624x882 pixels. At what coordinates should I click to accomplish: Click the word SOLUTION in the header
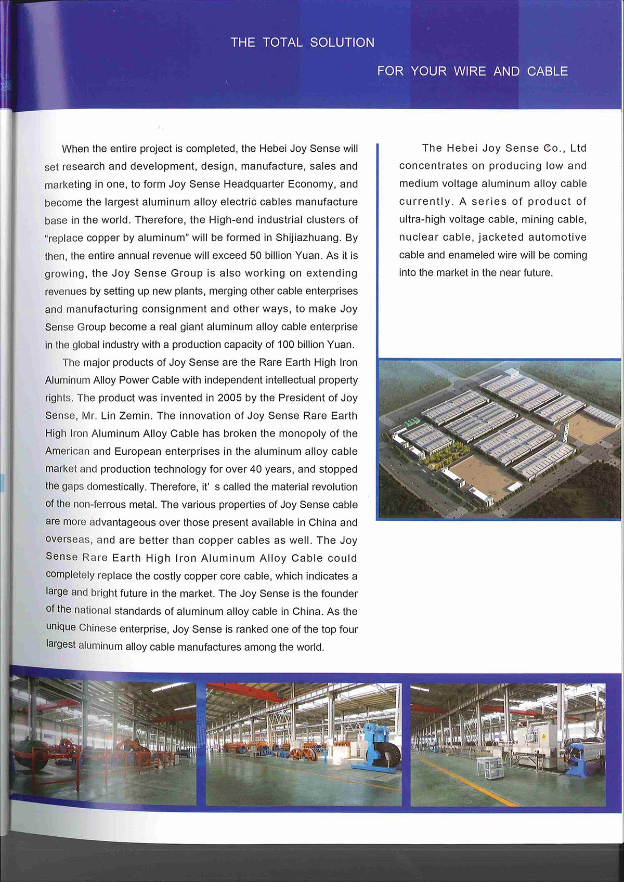click(x=342, y=43)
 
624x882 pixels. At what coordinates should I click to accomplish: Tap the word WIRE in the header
click(x=470, y=71)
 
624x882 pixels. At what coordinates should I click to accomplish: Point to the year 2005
click(x=229, y=398)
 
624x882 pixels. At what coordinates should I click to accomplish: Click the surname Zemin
click(x=135, y=416)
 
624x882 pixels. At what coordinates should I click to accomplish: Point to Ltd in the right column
click(x=578, y=148)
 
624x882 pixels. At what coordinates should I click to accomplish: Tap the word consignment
click(x=175, y=309)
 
